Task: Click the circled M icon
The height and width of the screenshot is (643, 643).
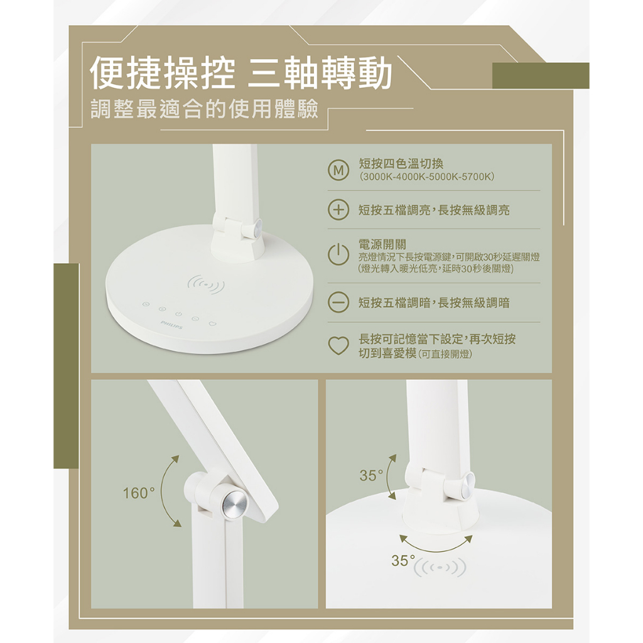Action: tap(338, 171)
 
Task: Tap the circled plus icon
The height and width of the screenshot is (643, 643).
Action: tap(338, 210)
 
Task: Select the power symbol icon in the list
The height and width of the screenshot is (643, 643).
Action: tap(338, 255)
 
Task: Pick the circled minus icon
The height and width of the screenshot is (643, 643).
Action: tap(338, 303)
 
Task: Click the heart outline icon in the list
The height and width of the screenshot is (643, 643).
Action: tap(338, 346)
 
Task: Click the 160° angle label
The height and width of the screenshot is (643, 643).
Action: tap(139, 493)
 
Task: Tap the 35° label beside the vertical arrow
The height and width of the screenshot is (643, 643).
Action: tap(371, 475)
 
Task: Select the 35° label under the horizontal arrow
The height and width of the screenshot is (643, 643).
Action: tap(403, 560)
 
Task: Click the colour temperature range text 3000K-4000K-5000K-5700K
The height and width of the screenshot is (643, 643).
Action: tap(426, 177)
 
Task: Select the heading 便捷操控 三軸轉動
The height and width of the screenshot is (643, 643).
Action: tap(240, 74)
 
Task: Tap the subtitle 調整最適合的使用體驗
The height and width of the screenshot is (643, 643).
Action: tap(204, 109)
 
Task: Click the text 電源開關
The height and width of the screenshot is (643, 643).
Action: tap(382, 245)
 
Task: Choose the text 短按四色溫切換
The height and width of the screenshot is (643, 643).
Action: tap(401, 164)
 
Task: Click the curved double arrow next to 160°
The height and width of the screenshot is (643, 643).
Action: tap(163, 490)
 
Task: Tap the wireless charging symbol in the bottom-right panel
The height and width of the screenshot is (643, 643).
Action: tap(440, 567)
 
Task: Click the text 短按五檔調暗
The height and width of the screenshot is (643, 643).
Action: tap(394, 303)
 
